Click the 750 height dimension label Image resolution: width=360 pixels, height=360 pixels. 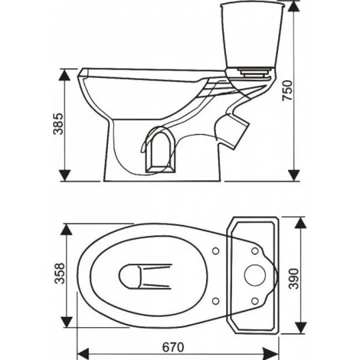point(287,91)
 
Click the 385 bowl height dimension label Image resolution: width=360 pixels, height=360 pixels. point(58,124)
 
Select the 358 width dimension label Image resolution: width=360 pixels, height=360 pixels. point(60,273)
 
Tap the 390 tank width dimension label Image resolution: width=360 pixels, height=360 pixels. point(293,279)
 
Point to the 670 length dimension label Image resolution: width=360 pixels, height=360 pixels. point(173,347)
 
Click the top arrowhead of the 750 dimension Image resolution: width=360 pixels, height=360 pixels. point(293,7)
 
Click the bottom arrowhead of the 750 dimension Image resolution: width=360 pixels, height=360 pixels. point(293,175)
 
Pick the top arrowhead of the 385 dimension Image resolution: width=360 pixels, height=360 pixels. point(65,75)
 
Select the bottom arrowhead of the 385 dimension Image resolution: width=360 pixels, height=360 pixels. point(65,175)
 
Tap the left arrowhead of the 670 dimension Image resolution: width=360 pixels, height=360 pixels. point(83,354)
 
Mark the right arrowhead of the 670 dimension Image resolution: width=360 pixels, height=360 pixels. point(273,354)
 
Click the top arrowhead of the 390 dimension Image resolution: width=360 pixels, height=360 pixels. point(301,223)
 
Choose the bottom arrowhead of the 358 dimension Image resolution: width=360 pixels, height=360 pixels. point(67,322)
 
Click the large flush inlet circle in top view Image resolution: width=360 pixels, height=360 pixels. point(255,275)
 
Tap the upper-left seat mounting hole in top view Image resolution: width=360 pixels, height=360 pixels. point(215,251)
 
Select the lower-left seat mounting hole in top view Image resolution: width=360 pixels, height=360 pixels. point(215,301)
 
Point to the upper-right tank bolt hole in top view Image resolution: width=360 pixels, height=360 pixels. point(255,251)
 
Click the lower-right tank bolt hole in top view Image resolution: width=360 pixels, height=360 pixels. point(255,301)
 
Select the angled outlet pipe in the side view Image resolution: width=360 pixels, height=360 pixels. point(233,131)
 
